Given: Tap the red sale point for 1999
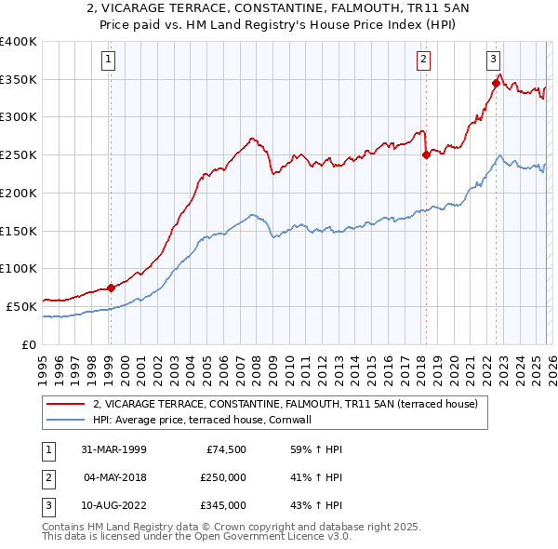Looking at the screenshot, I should [111, 288].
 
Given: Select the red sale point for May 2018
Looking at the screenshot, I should [426, 155].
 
